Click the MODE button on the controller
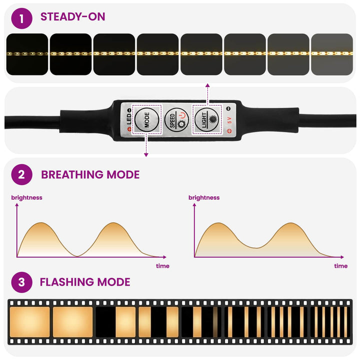click(x=146, y=119)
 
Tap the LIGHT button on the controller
click(x=206, y=119)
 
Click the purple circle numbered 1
click(x=21, y=18)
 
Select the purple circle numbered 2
click(x=21, y=174)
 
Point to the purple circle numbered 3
click(x=21, y=282)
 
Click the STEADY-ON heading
click(x=73, y=17)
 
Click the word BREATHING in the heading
click(x=72, y=174)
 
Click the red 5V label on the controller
click(x=229, y=120)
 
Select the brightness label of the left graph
click(x=26, y=197)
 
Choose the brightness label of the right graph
click(x=204, y=197)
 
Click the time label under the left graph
click(x=162, y=266)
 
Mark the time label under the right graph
click(x=340, y=266)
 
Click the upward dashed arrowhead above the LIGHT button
click(x=207, y=85)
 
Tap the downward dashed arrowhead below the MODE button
click(x=146, y=155)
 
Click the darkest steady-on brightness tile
click(x=27, y=54)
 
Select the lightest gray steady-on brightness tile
click(x=332, y=54)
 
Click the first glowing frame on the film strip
click(x=29, y=322)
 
